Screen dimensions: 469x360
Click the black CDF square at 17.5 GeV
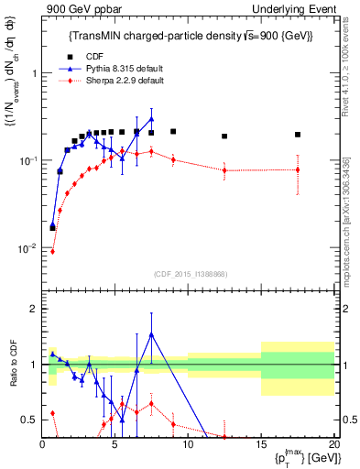(x=298, y=135)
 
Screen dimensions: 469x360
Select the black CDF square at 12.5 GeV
(x=224, y=136)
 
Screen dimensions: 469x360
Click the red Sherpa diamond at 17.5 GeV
(x=298, y=169)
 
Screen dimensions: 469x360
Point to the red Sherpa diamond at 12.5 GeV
(x=224, y=170)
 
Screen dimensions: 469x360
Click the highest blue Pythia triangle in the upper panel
(x=151, y=119)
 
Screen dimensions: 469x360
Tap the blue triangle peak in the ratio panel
(x=151, y=334)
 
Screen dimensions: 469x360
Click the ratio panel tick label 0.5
(x=29, y=420)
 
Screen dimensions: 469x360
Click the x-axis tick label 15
(x=261, y=444)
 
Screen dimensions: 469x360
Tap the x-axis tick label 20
(x=333, y=444)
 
